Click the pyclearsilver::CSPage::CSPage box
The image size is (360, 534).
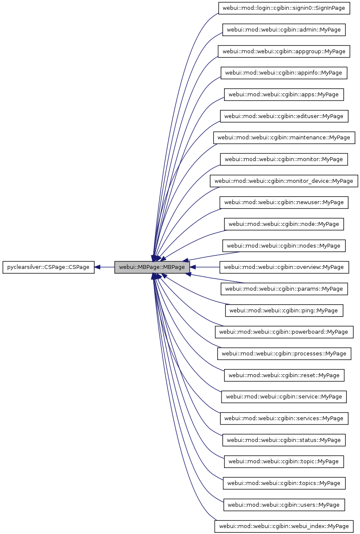[48, 267]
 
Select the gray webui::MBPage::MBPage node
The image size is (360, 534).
[152, 267]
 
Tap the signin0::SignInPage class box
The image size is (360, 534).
[284, 8]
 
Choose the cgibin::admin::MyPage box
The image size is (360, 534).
[284, 30]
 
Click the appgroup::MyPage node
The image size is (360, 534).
[284, 51]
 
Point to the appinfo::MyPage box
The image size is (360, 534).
[284, 73]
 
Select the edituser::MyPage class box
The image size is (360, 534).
[284, 116]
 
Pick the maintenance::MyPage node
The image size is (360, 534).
[284, 138]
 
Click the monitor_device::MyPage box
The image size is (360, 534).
[284, 181]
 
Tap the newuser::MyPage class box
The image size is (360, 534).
[284, 202]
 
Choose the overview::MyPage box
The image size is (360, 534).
[284, 267]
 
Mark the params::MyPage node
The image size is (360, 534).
[284, 289]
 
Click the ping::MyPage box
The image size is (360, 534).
[284, 310]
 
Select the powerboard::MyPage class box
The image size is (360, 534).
[284, 332]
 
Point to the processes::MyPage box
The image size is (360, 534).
[284, 353]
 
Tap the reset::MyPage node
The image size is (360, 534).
[284, 375]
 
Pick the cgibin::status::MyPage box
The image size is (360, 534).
[284, 440]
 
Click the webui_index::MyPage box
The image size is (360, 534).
[284, 526]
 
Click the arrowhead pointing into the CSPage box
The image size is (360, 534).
[98, 267]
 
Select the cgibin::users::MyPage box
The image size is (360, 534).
[284, 505]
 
